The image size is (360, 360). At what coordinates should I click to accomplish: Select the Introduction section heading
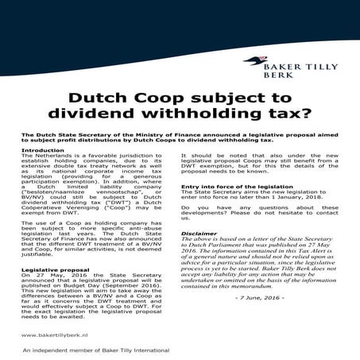(x=44, y=150)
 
